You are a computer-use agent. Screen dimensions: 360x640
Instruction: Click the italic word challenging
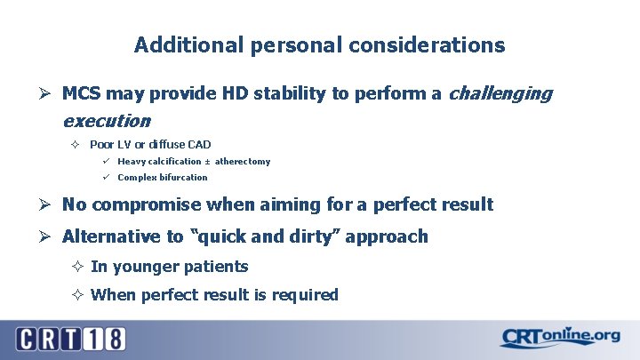pos(502,93)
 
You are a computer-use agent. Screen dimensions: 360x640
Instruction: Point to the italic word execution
pos(106,120)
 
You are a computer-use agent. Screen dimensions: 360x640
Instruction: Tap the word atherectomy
pos(243,162)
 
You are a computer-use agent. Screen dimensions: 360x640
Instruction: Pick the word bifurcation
pos(182,177)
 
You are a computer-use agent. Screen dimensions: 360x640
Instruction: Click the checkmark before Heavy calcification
pos(105,161)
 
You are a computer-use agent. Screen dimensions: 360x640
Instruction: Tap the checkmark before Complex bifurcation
pos(105,176)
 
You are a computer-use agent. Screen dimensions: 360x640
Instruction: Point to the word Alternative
pos(108,237)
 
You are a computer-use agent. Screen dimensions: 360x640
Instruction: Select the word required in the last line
pos(306,295)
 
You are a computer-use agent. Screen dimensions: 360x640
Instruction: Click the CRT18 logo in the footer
pos(69,339)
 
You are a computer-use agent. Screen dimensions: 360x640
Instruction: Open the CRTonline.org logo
pos(559,338)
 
